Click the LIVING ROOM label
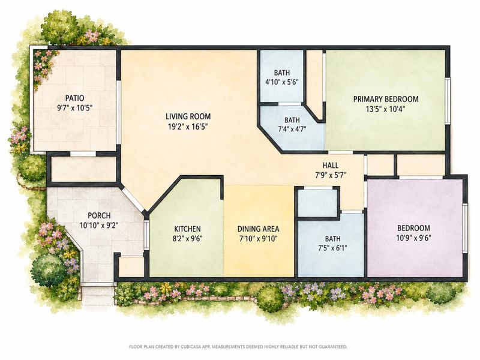[x=188, y=116]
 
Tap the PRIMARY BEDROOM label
[x=386, y=99]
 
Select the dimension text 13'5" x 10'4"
[x=386, y=109]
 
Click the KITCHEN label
[x=187, y=229]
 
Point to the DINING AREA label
[x=258, y=229]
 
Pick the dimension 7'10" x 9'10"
[x=258, y=238]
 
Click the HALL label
[x=331, y=166]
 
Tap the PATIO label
[x=74, y=98]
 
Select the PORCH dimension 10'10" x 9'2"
[x=99, y=226]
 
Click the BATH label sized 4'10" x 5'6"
[x=281, y=73]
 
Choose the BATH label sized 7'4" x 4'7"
[x=292, y=119]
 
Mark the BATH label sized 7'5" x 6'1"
[x=333, y=238]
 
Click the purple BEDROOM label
[x=413, y=228]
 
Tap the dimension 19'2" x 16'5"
[x=188, y=126]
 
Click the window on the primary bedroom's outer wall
[x=448, y=101]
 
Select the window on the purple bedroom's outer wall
[x=466, y=228]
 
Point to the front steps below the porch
[x=97, y=294]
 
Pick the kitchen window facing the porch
[x=146, y=234]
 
